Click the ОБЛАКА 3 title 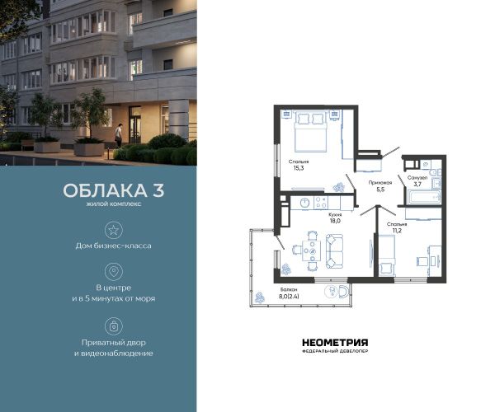click(114, 190)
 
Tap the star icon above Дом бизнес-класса click(114, 230)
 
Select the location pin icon click(114, 271)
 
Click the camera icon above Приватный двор click(114, 326)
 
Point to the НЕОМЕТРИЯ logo click(335, 343)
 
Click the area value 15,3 click(299, 168)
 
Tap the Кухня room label click(335, 214)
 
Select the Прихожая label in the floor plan click(380, 182)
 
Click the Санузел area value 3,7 click(417, 184)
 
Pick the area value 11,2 click(397, 231)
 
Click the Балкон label click(289, 289)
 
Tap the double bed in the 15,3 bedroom click(310, 132)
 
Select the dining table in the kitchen click(312, 251)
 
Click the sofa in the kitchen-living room click(334, 251)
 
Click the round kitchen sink click(304, 203)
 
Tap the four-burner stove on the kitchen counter click(321, 203)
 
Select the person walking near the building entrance click(118, 135)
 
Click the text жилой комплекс click(114, 204)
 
